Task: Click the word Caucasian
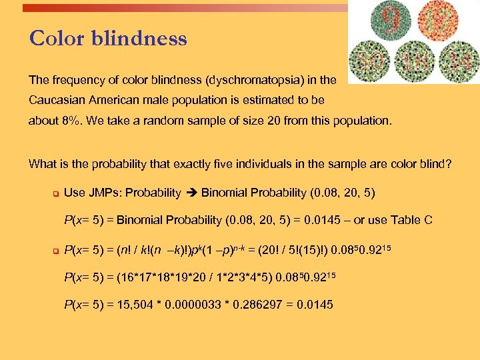tap(55, 100)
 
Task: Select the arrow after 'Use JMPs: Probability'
tap(191, 193)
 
